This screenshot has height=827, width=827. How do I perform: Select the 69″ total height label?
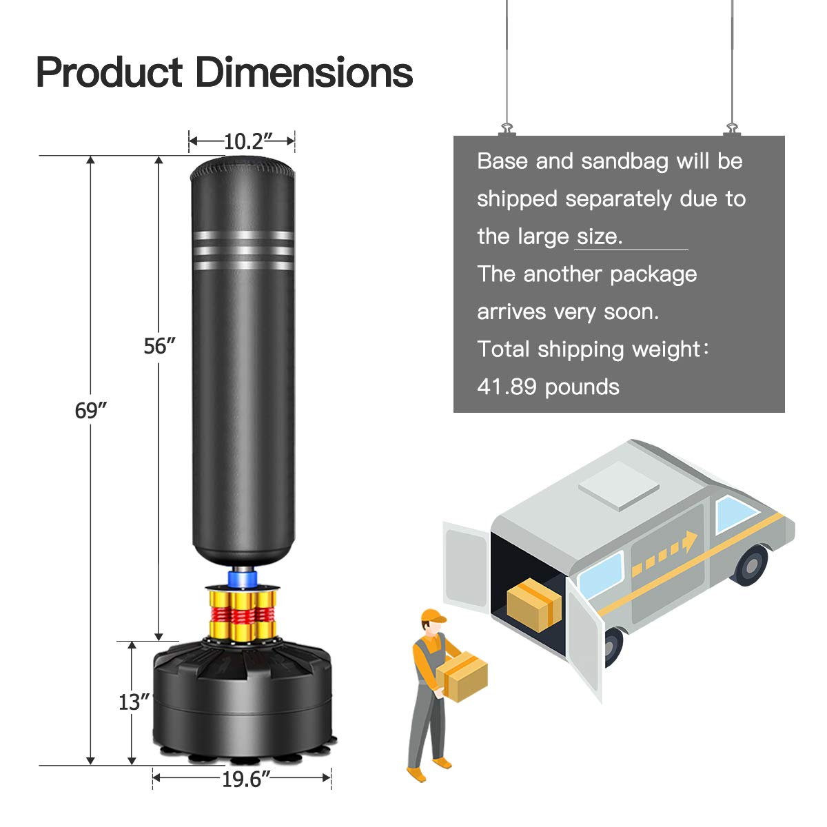coord(91,411)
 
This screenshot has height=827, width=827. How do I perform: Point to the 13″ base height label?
coord(134,702)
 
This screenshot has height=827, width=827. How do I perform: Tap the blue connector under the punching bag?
coord(243,577)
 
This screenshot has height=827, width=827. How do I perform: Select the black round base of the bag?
coord(243,696)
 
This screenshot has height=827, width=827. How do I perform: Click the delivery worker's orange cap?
coord(432,615)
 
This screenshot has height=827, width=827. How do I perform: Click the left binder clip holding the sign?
coord(507,129)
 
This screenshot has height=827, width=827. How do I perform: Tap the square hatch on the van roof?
coord(617,486)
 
